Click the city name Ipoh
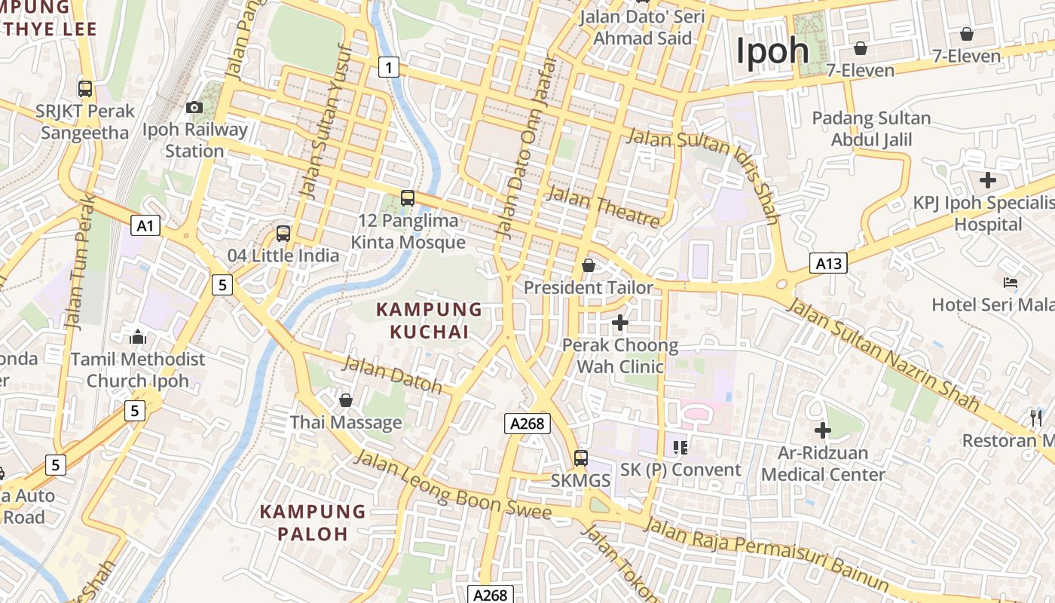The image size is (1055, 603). [x=772, y=51]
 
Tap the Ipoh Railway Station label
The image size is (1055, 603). [x=194, y=140]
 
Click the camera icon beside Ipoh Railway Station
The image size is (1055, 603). [x=194, y=108]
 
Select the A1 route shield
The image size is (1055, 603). [x=145, y=225]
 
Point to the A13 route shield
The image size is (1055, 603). [x=828, y=263]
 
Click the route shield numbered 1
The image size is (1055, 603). [x=388, y=67]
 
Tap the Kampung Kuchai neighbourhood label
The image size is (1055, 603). [x=429, y=320]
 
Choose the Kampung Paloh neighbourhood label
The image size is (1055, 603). [x=313, y=522]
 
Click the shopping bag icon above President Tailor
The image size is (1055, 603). [x=589, y=265]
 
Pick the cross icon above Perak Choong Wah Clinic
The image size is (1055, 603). [x=620, y=323]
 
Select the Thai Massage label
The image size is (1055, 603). [x=346, y=422]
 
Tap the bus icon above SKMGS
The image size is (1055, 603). [x=580, y=458]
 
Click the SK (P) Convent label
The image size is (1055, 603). [x=680, y=470]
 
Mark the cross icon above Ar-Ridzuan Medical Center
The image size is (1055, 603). [x=823, y=431]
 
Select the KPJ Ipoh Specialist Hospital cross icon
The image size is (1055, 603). [x=987, y=180]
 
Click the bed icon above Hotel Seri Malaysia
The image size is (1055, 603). [x=1011, y=283]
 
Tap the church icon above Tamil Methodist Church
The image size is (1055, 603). [x=138, y=336]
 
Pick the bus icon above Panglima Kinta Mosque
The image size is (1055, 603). [x=408, y=198]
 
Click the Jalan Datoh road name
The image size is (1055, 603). [x=392, y=375]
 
